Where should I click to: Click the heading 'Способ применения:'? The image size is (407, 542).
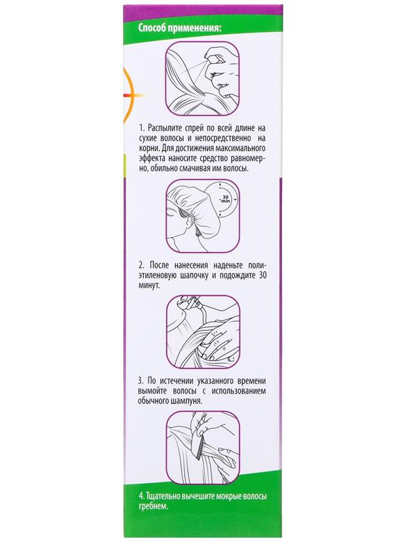[180, 28]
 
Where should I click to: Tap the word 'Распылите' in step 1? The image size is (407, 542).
[165, 128]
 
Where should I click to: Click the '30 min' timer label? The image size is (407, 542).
[226, 199]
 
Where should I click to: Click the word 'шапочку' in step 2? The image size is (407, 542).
[194, 276]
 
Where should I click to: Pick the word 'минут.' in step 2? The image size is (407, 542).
[149, 286]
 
